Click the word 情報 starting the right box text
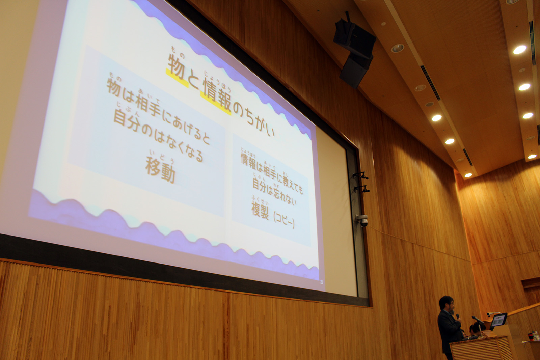248,161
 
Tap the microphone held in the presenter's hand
458,316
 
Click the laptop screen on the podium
498,320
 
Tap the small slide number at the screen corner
321,282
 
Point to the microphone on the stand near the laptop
476,319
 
